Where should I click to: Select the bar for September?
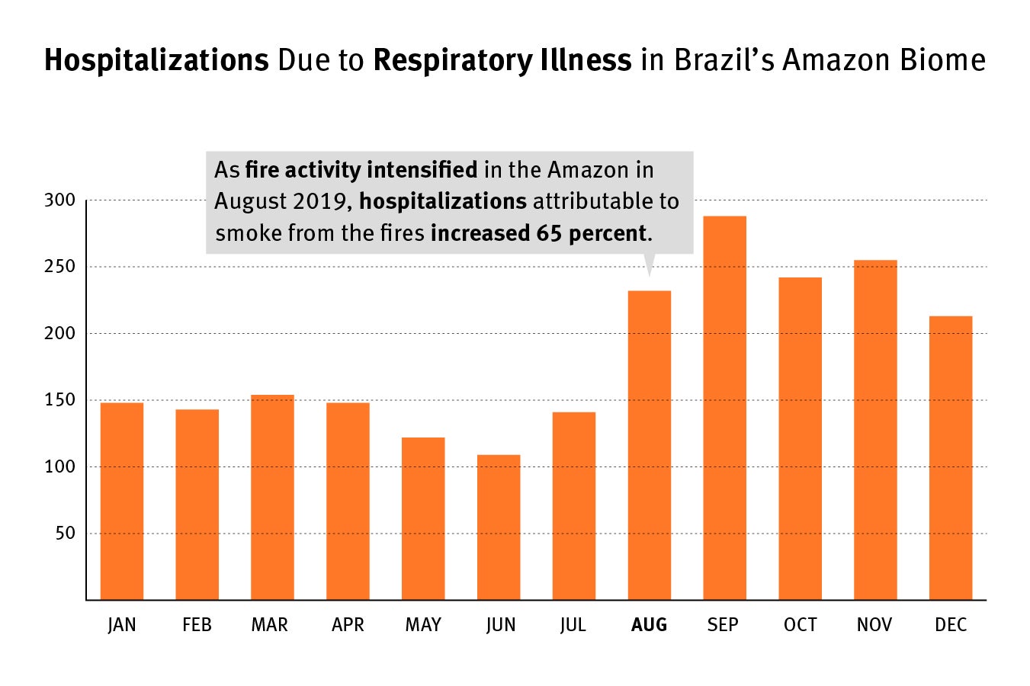[x=724, y=408]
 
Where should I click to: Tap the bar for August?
[x=650, y=445]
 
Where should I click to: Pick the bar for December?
[x=951, y=457]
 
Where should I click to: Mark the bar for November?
[x=875, y=430]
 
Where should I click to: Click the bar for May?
[x=423, y=518]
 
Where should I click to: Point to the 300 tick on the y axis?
[x=60, y=200]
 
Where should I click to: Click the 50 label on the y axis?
[x=66, y=534]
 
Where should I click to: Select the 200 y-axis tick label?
[x=60, y=334]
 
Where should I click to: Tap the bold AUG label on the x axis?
[x=649, y=625]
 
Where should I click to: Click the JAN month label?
[x=122, y=625]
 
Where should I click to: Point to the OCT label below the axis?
[x=800, y=625]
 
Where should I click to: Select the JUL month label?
[x=573, y=625]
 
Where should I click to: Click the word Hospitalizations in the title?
[x=156, y=60]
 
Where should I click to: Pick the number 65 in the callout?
[x=549, y=233]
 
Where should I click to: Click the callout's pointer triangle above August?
[x=650, y=264]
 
